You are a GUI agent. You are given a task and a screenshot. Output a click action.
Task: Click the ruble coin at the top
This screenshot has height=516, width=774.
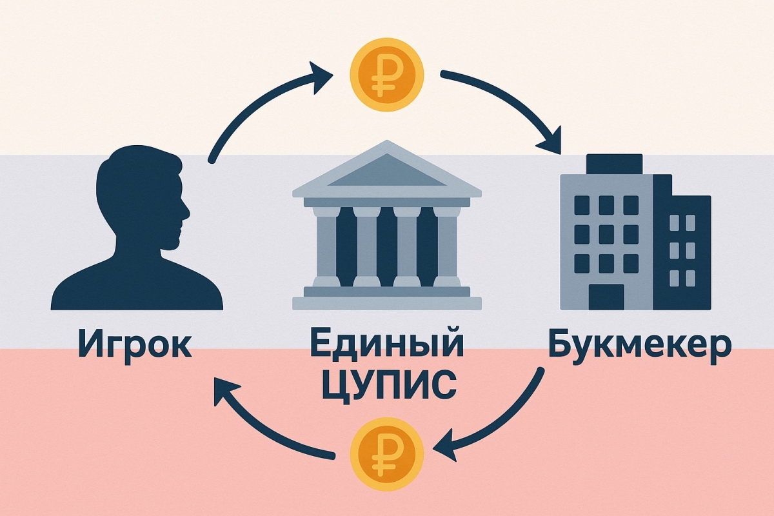386,75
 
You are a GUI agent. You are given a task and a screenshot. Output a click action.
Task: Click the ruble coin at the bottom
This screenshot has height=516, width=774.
386,454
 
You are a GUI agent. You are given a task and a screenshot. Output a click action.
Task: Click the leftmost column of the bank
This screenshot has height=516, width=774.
326,247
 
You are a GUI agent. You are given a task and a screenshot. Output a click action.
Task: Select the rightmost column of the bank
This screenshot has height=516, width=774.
447,247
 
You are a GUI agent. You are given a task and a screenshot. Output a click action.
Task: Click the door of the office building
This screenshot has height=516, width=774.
606,297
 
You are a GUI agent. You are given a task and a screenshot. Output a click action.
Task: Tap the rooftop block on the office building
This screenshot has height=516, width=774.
614,164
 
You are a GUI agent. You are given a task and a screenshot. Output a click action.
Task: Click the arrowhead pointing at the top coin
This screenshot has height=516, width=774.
320,78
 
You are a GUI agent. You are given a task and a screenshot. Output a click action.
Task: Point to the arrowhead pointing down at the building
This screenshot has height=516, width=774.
550,141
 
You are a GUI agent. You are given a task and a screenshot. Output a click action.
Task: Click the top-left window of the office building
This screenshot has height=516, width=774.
582,205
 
